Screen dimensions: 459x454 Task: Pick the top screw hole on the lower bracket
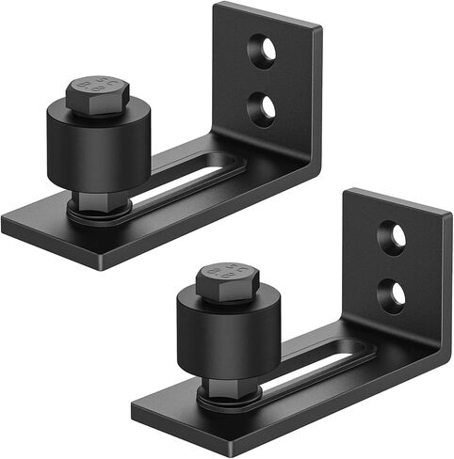[393, 236]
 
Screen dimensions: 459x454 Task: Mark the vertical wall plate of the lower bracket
[414, 263]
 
